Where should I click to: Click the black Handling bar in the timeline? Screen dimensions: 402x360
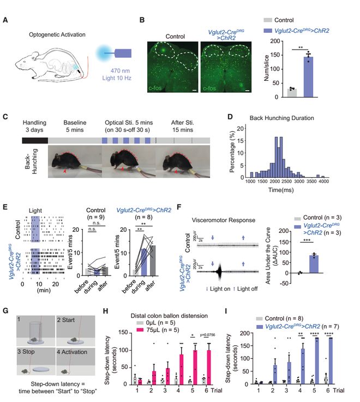[34, 140]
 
